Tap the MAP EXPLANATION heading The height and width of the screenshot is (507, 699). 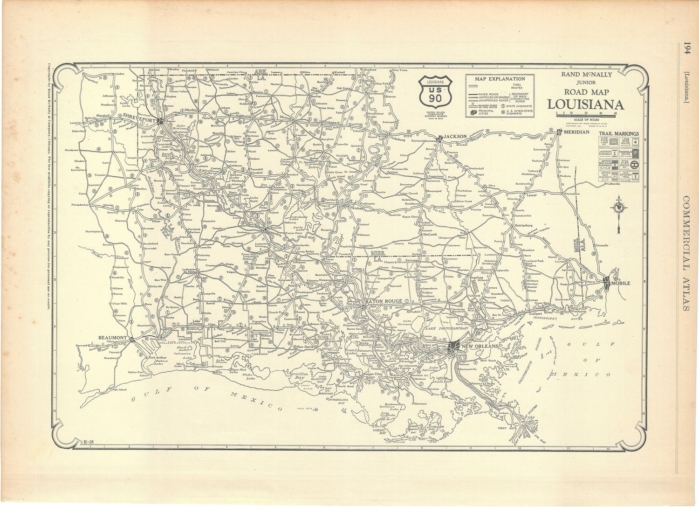[x=500, y=79]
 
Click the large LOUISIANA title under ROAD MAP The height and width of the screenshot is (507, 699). [x=586, y=104]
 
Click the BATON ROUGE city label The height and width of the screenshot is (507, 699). [x=381, y=301]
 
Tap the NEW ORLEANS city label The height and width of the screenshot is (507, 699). [x=479, y=346]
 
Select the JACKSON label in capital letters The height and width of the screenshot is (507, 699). [x=455, y=136]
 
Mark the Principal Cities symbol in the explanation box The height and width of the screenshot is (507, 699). [x=473, y=112]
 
